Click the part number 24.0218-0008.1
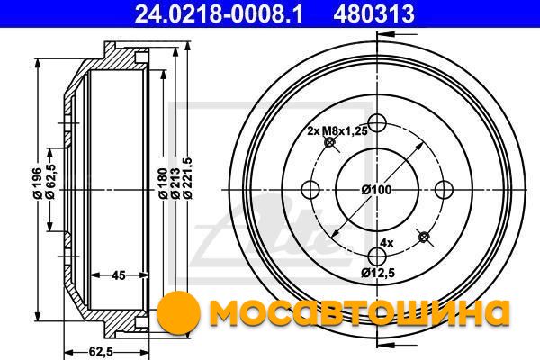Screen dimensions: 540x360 click(x=219, y=13)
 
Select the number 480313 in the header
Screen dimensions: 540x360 click(x=374, y=13)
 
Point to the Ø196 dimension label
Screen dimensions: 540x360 click(x=38, y=184)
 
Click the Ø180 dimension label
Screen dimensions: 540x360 click(x=163, y=184)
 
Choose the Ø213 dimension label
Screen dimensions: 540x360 click(x=175, y=184)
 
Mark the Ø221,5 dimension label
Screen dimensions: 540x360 click(x=188, y=178)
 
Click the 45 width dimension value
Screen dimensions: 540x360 click(x=119, y=275)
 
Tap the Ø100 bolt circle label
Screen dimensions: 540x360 click(x=376, y=190)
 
